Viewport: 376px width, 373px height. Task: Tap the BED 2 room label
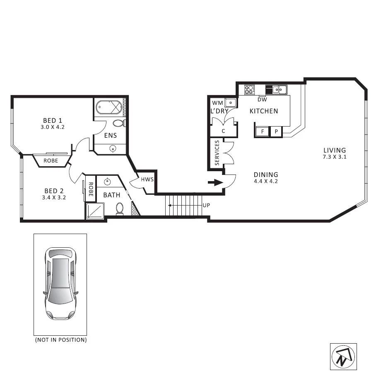pyautogui.click(x=54, y=191)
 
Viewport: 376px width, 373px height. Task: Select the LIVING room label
pyautogui.click(x=335, y=150)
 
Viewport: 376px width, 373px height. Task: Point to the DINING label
pyautogui.click(x=266, y=175)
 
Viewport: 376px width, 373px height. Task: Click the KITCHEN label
pyautogui.click(x=263, y=111)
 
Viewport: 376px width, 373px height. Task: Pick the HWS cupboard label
pyautogui.click(x=147, y=179)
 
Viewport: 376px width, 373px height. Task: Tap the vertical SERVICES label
pyautogui.click(x=217, y=153)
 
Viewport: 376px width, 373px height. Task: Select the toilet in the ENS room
pyautogui.click(x=119, y=123)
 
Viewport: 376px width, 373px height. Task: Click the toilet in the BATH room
pyautogui.click(x=120, y=209)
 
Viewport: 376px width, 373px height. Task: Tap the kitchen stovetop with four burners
pyautogui.click(x=249, y=89)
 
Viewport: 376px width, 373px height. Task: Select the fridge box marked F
pyautogui.click(x=261, y=132)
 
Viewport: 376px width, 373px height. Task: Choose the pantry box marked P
pyautogui.click(x=276, y=132)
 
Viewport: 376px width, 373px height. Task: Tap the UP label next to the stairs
pyautogui.click(x=206, y=205)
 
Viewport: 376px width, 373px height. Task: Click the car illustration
pyautogui.click(x=60, y=284)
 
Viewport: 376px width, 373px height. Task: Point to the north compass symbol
pyautogui.click(x=343, y=356)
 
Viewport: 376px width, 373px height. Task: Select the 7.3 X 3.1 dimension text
pyautogui.click(x=335, y=157)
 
